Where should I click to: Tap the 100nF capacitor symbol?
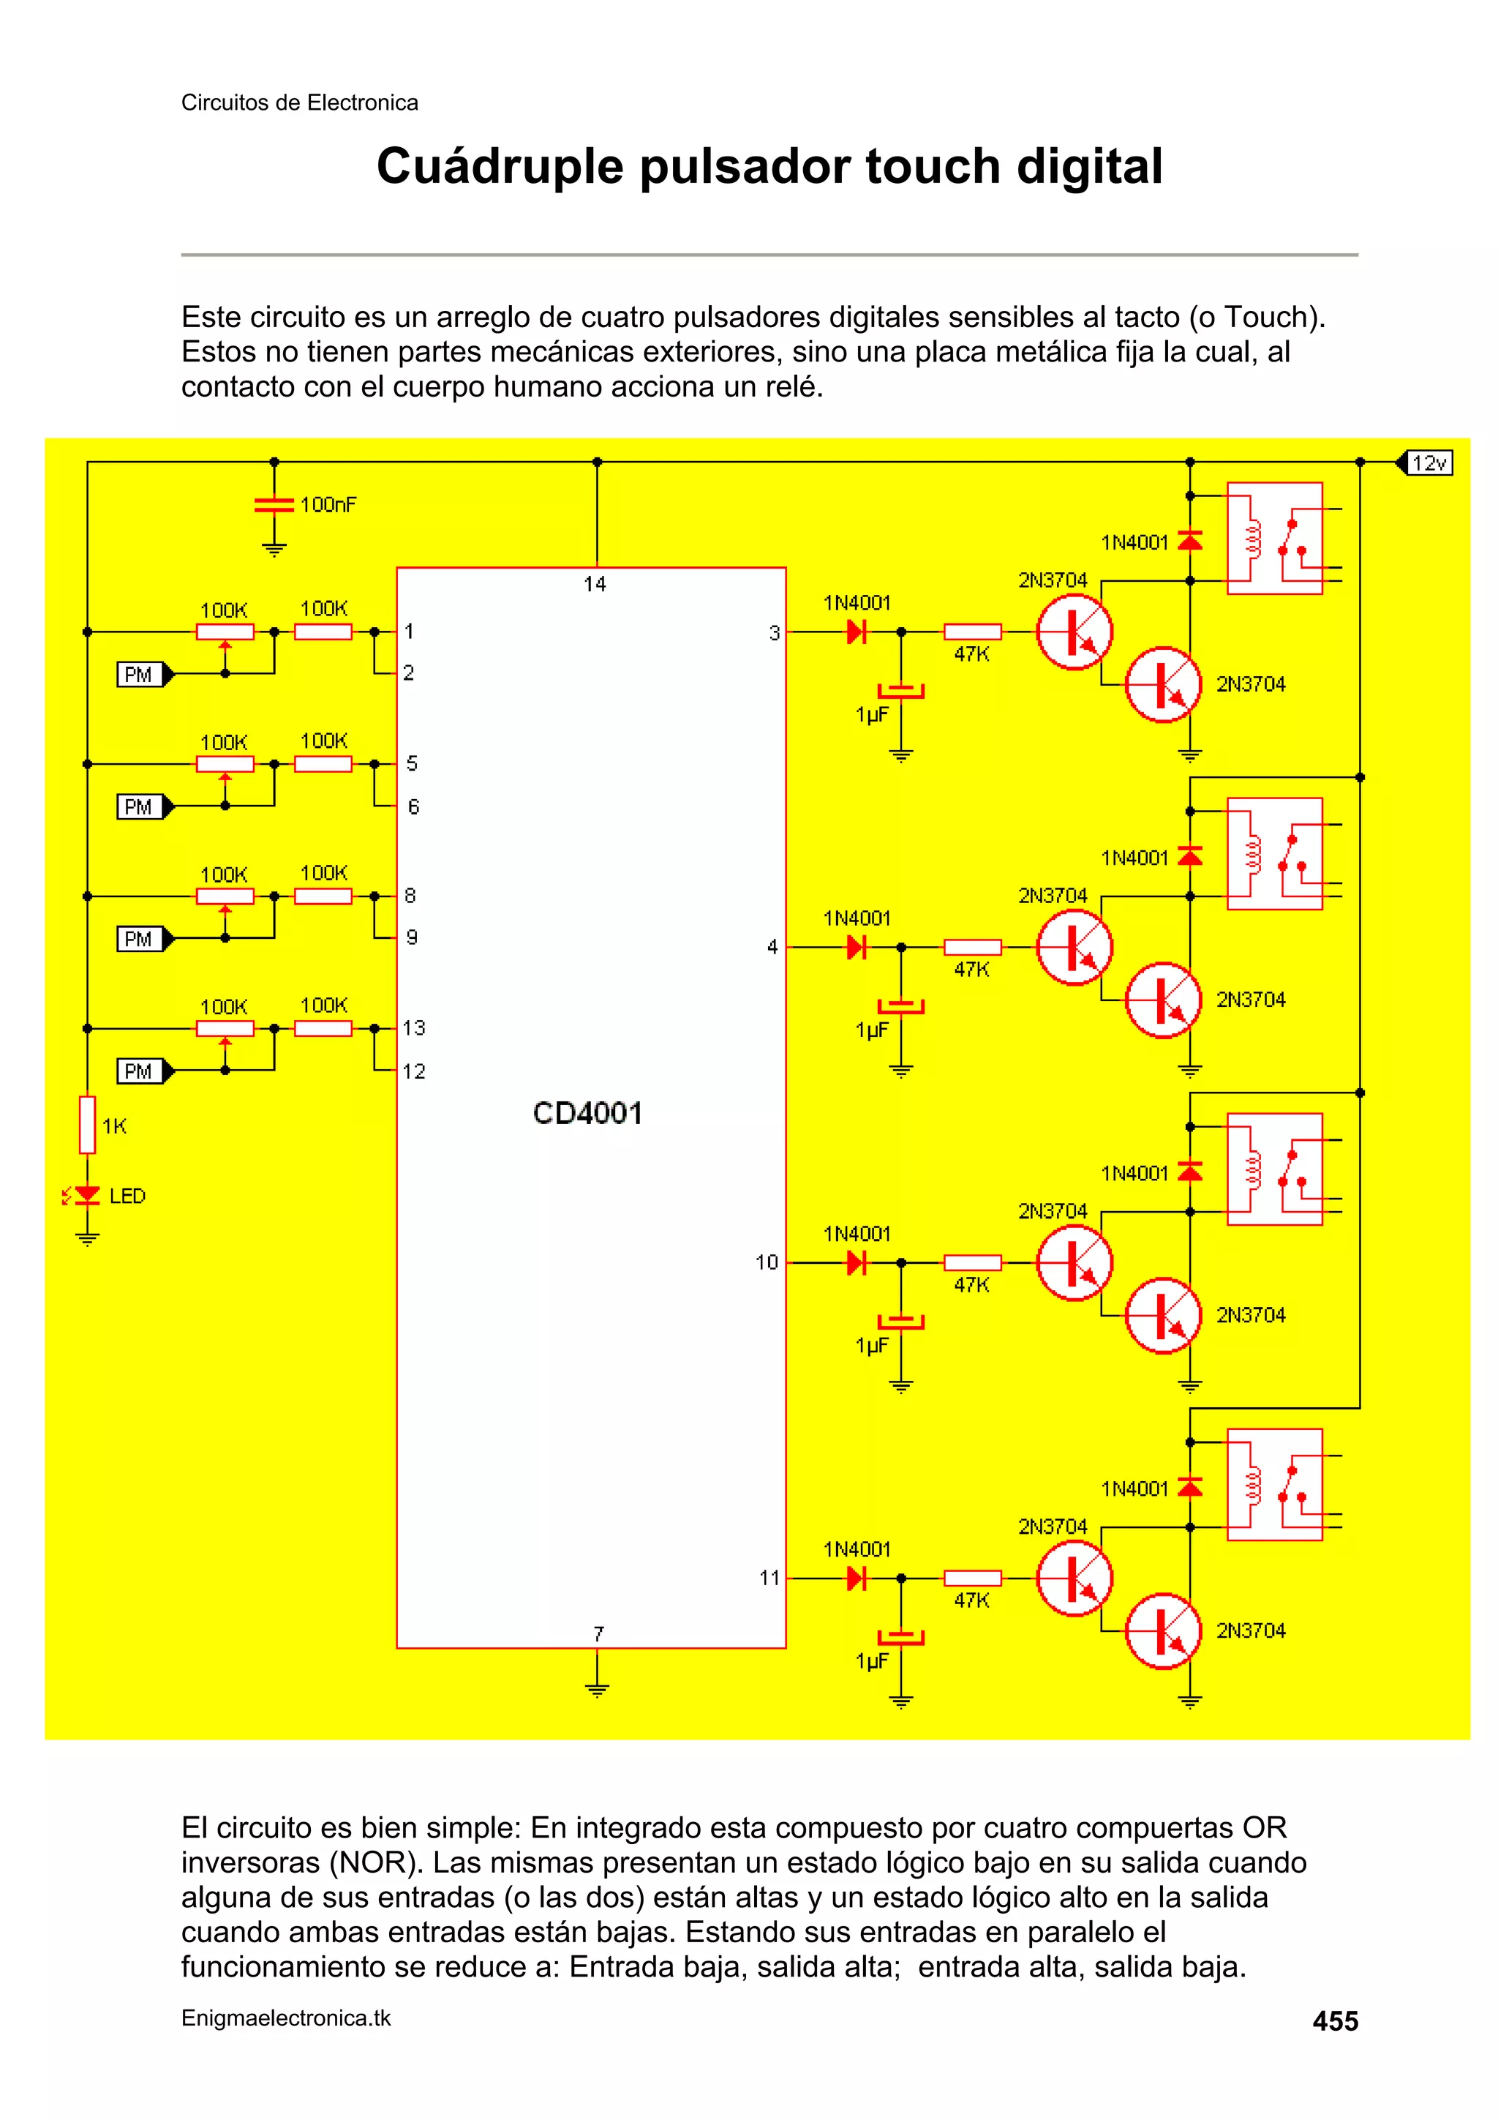[x=274, y=505]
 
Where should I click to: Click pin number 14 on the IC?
[x=595, y=583]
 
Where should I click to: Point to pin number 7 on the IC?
[x=598, y=1633]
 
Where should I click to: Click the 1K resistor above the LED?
[x=88, y=1125]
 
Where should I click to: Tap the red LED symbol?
[x=87, y=1196]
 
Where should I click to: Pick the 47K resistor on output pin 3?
[x=972, y=632]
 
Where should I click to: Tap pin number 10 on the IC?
[x=766, y=1262]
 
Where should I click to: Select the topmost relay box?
[x=1273, y=539]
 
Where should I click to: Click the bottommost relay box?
[x=1273, y=1485]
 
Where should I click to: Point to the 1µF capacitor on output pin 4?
[x=901, y=1006]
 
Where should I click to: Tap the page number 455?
[x=1335, y=2021]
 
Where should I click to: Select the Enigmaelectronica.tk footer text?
[x=286, y=2018]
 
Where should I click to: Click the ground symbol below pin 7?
[x=597, y=1690]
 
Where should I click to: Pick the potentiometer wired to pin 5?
[x=225, y=765]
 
